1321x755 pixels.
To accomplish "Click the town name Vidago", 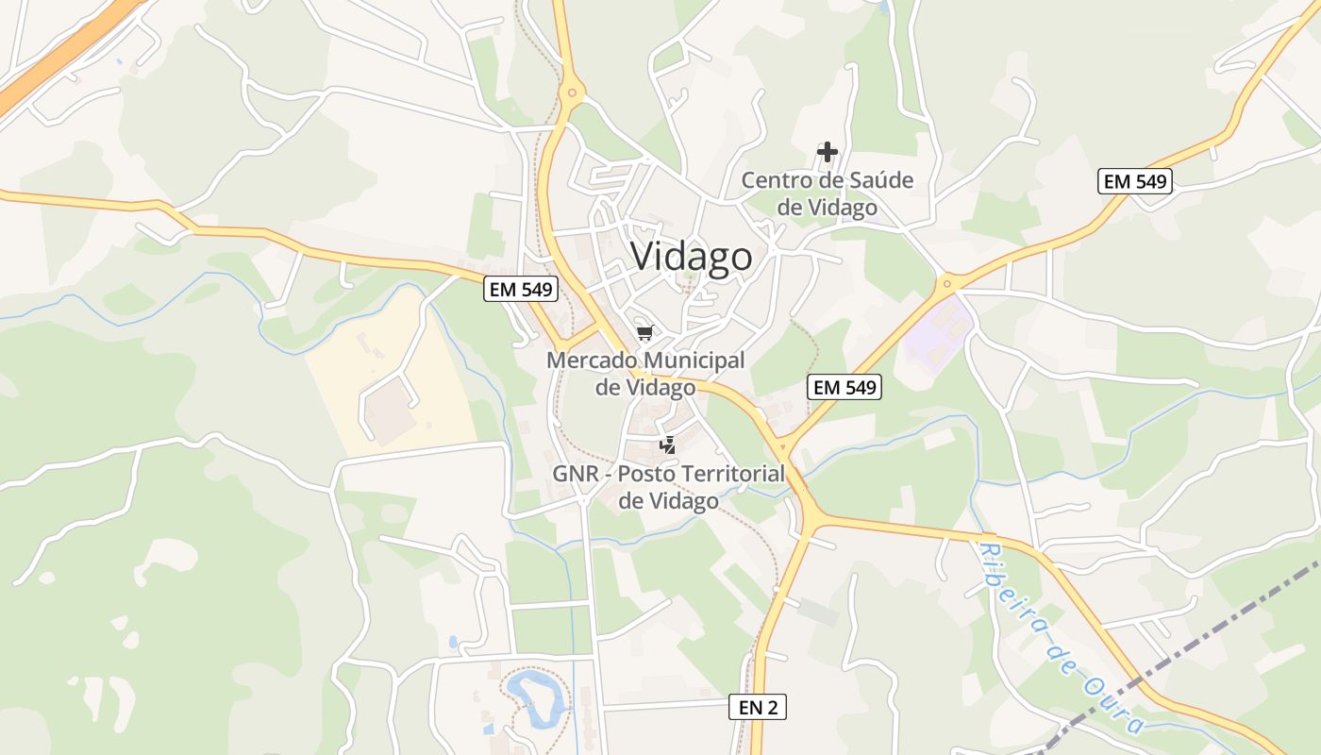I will click(x=692, y=257).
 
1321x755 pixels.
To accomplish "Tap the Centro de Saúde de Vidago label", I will click(x=828, y=193).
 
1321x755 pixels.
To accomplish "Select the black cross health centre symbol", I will click(x=828, y=151).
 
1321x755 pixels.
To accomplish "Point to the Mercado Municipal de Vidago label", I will click(x=645, y=374).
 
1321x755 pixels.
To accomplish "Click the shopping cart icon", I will click(x=645, y=332).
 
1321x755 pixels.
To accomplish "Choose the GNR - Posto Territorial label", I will click(x=669, y=486).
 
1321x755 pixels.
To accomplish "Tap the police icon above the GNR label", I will click(x=668, y=444).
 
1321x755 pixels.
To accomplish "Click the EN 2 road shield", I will click(x=757, y=707).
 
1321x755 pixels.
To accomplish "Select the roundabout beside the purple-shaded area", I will click(x=946, y=283).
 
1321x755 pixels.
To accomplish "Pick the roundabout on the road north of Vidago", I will click(x=570, y=93).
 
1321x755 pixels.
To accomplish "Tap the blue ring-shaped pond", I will click(x=538, y=699).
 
